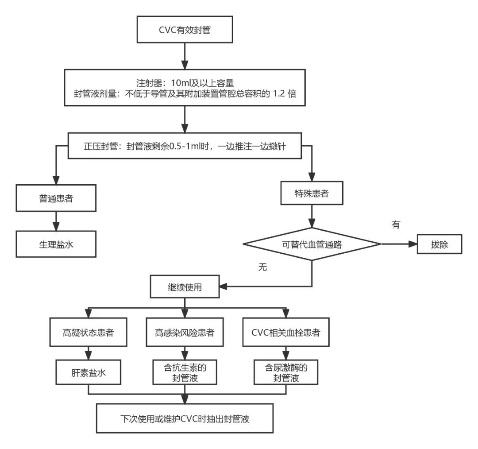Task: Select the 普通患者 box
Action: [x=56, y=198]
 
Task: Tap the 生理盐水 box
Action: [x=56, y=244]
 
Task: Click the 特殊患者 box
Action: [x=312, y=193]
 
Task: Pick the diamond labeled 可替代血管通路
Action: [x=312, y=244]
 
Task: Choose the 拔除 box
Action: [x=439, y=244]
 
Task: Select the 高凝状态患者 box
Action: [x=89, y=332]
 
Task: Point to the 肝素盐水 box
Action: [x=89, y=372]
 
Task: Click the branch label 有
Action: [x=396, y=224]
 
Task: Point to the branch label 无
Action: [x=263, y=268]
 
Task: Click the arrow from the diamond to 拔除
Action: [x=398, y=244]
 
